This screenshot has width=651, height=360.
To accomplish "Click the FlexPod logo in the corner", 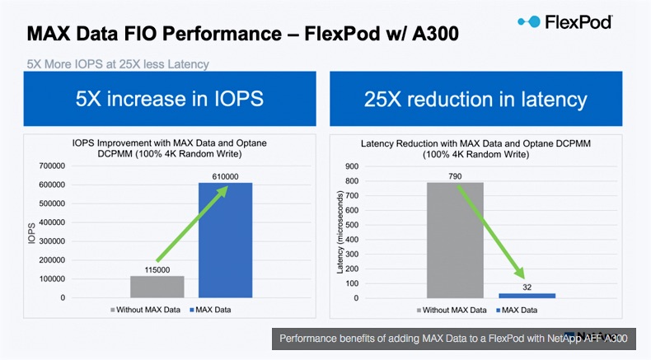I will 564,22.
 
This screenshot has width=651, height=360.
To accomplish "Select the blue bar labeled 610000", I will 225,240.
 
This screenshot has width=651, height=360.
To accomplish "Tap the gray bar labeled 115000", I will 157,286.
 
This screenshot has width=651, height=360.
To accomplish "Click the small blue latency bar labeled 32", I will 526,295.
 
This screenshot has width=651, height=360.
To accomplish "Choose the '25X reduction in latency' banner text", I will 475,100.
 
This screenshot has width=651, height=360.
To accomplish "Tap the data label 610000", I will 225,175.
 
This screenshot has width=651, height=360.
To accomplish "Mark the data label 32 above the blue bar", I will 526,286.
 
